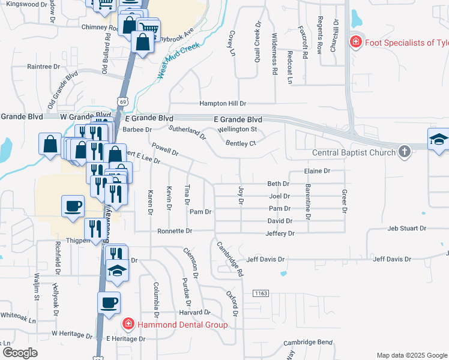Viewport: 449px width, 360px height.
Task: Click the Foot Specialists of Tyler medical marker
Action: coord(355,43)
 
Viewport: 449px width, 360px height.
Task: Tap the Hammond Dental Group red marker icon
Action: coord(128,325)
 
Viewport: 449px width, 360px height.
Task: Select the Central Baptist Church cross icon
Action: coord(405,152)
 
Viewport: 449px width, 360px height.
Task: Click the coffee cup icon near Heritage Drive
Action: coord(109,302)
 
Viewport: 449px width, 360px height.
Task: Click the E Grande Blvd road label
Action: coord(238,119)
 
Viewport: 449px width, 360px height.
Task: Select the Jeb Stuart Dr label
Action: coord(406,229)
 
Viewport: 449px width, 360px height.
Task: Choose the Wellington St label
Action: coord(237,129)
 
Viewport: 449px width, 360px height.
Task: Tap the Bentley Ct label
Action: coord(241,143)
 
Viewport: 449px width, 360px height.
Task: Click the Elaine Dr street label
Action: coord(318,171)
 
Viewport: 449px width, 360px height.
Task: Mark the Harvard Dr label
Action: coord(195,313)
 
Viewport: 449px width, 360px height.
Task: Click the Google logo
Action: coord(20,352)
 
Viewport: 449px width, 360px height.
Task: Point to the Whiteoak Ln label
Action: coord(18,316)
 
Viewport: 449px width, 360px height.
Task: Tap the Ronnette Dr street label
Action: coord(175,231)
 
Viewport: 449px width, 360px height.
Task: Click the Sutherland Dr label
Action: coord(187,133)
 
